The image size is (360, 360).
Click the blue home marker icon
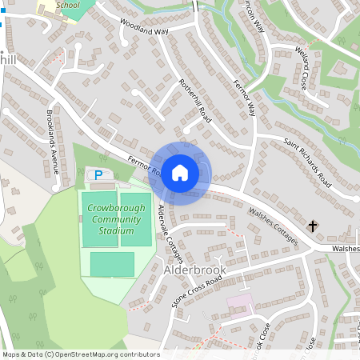(x=180, y=173)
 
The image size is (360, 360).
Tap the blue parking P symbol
(x=98, y=174)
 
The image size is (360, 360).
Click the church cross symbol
(x=312, y=226)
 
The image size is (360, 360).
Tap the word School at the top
(x=68, y=4)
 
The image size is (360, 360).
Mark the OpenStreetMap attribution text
(x=81, y=354)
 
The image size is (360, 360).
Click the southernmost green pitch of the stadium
(x=112, y=264)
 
